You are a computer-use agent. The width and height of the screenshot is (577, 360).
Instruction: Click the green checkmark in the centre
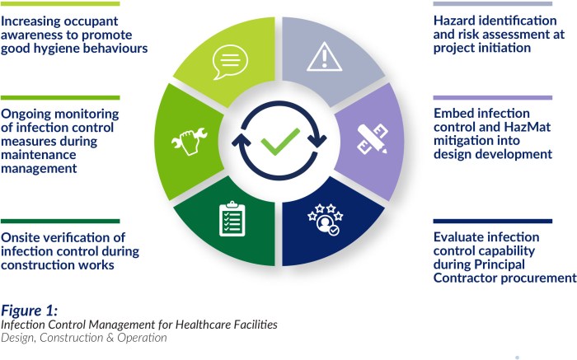tap(280, 142)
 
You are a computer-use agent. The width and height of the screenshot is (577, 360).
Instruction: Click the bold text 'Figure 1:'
tap(30, 310)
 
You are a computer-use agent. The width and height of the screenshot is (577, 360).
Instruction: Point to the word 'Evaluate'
tap(461, 237)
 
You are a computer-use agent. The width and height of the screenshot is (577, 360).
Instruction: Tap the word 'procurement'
tap(537, 278)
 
